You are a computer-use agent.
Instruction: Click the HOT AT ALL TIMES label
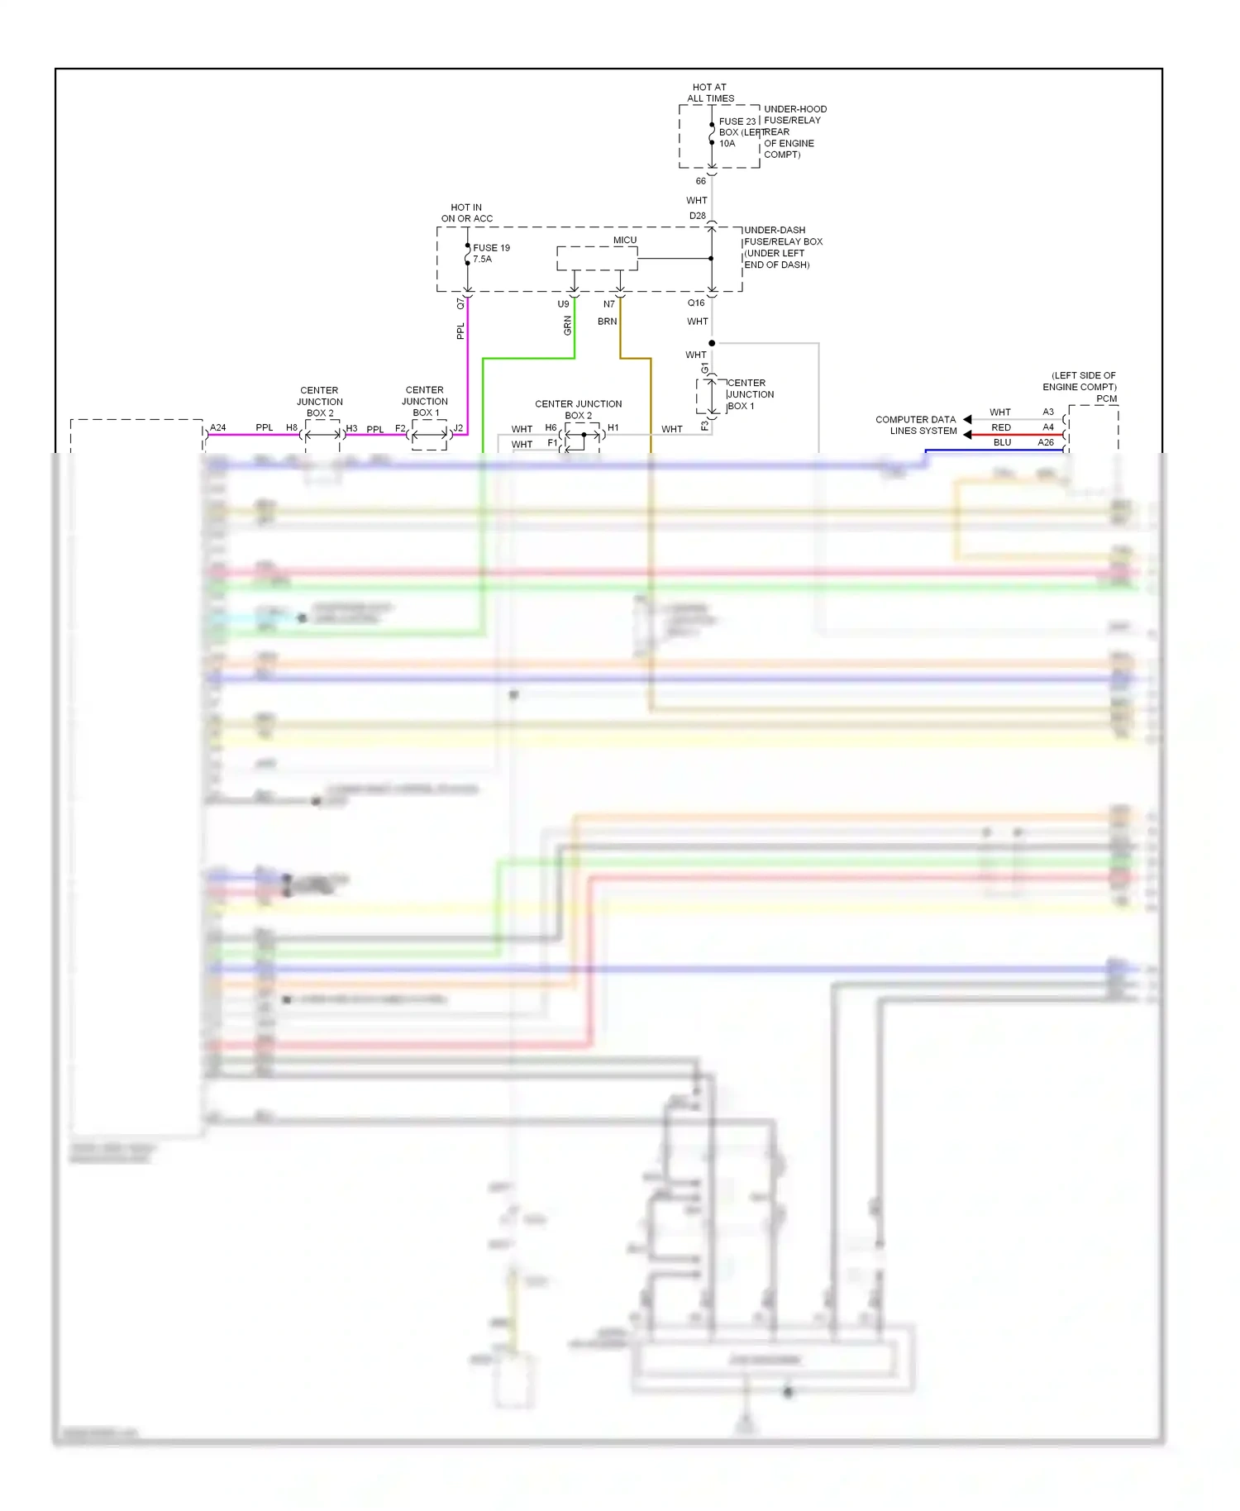point(710,93)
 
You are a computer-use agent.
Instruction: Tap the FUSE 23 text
point(737,122)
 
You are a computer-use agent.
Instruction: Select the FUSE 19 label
point(491,248)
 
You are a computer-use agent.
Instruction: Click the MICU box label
point(625,241)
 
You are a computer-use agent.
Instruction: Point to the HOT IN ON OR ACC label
point(466,213)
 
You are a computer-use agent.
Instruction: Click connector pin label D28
point(698,216)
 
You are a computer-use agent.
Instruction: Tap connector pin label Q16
point(696,303)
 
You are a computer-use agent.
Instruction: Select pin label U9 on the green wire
point(563,304)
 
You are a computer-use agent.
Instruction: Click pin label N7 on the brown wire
point(609,304)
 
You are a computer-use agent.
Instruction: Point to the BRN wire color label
point(607,322)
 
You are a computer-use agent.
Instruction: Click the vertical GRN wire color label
point(568,326)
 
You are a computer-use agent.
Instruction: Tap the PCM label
point(1106,398)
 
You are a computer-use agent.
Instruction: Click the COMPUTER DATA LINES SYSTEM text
point(916,425)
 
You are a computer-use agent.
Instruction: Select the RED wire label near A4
point(1001,427)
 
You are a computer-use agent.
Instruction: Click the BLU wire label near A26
point(1002,442)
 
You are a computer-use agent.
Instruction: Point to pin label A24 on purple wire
point(217,427)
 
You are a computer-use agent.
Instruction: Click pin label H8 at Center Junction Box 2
point(292,427)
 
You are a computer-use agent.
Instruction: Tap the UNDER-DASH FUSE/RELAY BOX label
point(782,247)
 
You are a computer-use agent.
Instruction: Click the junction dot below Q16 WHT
point(712,343)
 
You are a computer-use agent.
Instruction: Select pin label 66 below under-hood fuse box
point(700,181)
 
